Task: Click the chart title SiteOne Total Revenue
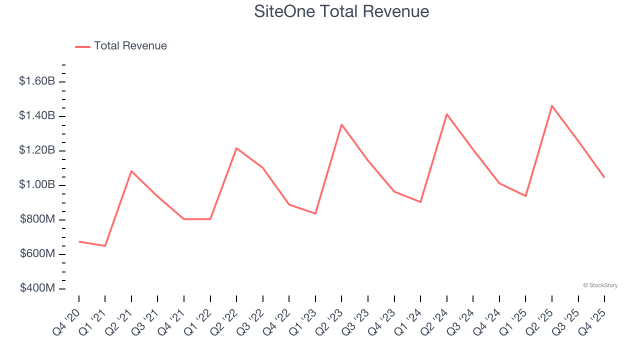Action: (x=341, y=11)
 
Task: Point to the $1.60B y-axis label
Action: (x=37, y=81)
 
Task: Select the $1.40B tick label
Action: (x=37, y=116)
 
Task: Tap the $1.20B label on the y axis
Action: (x=37, y=150)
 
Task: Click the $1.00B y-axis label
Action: (x=37, y=185)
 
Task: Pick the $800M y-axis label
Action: (x=37, y=219)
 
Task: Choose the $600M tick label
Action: (x=37, y=254)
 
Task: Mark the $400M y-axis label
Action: (x=37, y=288)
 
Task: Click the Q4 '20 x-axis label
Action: (x=66, y=321)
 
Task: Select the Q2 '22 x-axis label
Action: (x=224, y=321)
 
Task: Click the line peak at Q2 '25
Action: (x=552, y=106)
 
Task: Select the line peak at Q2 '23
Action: (x=341, y=124)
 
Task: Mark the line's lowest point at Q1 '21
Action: (x=105, y=246)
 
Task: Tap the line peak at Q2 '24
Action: (x=446, y=114)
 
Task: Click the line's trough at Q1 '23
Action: (x=315, y=213)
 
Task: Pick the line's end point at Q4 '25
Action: (x=604, y=177)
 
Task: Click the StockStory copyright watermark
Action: (x=600, y=285)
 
